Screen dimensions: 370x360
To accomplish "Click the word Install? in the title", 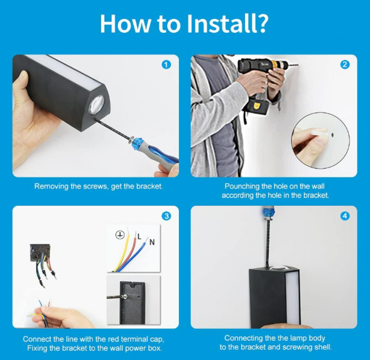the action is point(228,24).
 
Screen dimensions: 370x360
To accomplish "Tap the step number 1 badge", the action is point(166,65).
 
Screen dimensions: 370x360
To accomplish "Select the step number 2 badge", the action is point(345,65).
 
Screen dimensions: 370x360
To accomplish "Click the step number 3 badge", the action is point(166,216).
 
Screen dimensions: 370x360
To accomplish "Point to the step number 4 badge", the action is point(345,216).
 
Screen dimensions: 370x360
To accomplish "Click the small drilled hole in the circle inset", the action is point(332,135).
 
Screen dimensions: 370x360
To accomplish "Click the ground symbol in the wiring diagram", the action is point(120,235).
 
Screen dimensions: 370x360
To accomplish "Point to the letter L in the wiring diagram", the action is point(139,237).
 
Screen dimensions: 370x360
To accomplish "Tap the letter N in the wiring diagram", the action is point(152,242).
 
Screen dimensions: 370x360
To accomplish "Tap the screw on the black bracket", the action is point(125,296).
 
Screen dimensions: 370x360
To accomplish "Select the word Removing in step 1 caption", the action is point(51,186).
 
